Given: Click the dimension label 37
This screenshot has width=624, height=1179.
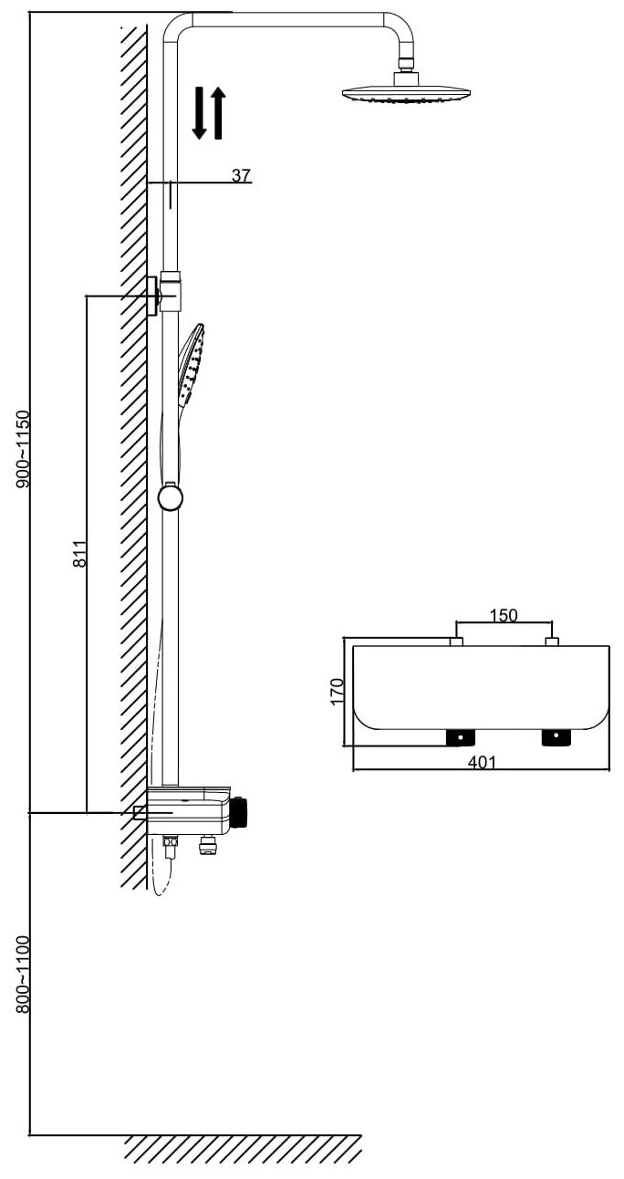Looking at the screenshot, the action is (x=241, y=175).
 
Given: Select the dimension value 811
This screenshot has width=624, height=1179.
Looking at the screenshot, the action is (x=79, y=554).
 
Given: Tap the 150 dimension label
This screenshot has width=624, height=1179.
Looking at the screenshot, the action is (x=504, y=615).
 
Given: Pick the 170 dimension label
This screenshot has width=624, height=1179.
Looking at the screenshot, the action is (x=337, y=691).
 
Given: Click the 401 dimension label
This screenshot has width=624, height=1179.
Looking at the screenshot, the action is (x=482, y=763).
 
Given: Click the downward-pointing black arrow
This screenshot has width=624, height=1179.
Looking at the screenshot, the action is (x=200, y=113).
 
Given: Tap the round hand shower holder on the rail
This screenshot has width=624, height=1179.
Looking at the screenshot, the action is (x=171, y=497).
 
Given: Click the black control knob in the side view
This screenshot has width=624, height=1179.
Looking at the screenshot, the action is (x=242, y=811).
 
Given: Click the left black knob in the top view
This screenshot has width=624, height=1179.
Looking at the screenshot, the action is (x=460, y=736).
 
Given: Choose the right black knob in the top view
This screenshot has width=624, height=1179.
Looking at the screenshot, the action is (x=555, y=736).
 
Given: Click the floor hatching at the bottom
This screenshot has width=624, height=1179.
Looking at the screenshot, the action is (x=242, y=1150).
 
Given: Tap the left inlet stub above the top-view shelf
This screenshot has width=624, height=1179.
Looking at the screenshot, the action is (x=456, y=642).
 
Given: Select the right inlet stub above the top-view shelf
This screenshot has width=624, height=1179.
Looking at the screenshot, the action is (x=551, y=642).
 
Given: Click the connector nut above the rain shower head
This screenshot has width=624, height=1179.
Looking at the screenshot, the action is (x=405, y=77).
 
